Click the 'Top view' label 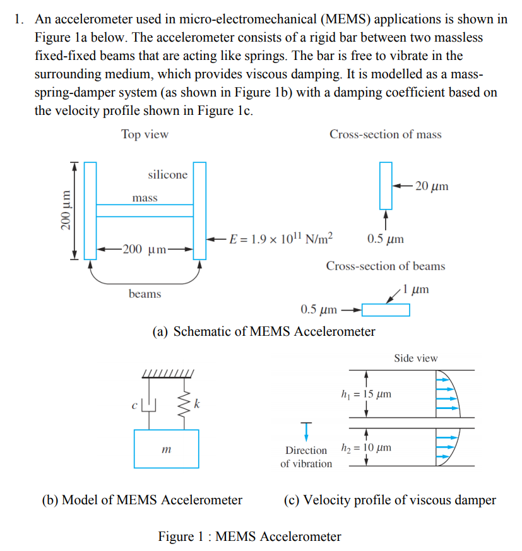click(145, 134)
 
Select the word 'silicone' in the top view click(167, 175)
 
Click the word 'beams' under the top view click(145, 293)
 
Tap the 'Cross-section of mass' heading click(385, 134)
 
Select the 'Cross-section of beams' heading click(385, 266)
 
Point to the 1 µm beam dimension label click(416, 289)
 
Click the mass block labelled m click(166, 449)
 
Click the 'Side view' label click(415, 358)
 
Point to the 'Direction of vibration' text click(306, 457)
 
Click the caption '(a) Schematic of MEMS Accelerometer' click(264, 331)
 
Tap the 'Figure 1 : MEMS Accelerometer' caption click(249, 536)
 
